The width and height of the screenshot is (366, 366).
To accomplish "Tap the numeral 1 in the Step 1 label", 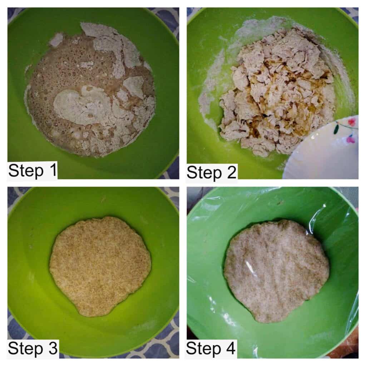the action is pyautogui.click(x=53, y=170).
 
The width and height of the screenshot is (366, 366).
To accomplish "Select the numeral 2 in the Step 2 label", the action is pyautogui.click(x=232, y=172).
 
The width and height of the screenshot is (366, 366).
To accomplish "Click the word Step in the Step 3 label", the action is pyautogui.click(x=25, y=349).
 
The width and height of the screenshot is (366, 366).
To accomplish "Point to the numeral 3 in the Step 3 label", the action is pyautogui.click(x=53, y=348).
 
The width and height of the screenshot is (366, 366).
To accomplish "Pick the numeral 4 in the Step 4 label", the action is pyautogui.click(x=231, y=348).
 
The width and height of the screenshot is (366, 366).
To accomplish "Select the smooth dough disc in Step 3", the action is pyautogui.click(x=100, y=266).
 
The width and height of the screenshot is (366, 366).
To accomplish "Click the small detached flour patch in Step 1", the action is pyautogui.click(x=56, y=40).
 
